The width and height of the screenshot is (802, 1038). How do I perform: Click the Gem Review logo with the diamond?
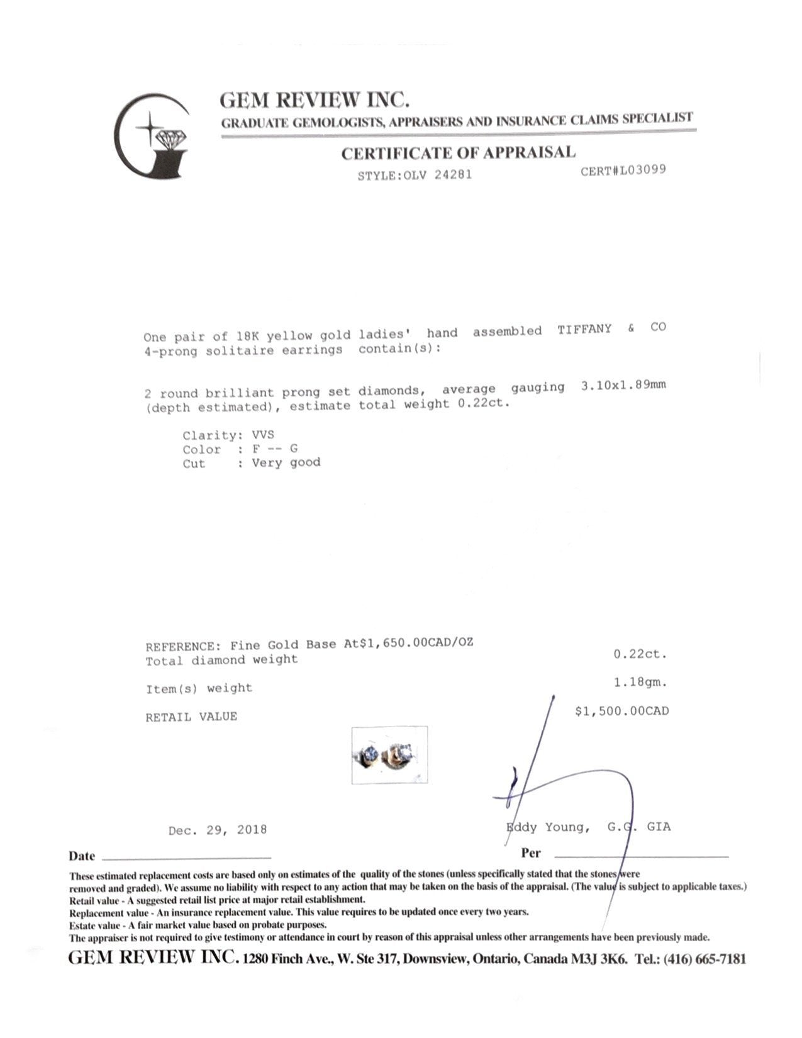[152, 135]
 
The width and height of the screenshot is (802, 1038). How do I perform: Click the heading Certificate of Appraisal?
[458, 153]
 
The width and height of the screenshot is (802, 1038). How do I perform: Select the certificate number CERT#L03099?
[623, 170]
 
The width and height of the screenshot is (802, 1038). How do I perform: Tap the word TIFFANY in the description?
[584, 330]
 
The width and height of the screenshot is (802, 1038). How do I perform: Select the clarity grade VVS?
[263, 435]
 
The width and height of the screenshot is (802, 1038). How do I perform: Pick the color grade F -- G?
[275, 449]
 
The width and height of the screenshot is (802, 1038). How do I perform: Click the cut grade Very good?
[286, 462]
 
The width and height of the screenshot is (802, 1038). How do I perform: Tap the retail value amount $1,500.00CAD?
[621, 711]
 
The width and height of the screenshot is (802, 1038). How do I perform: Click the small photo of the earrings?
[389, 754]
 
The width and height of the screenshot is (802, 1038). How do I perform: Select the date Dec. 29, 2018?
[218, 830]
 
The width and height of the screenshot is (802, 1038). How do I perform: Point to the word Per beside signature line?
[530, 854]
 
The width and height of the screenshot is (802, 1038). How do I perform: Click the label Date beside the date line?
[82, 856]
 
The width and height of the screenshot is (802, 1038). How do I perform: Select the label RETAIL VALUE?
[191, 717]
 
